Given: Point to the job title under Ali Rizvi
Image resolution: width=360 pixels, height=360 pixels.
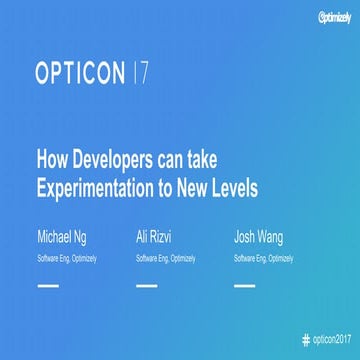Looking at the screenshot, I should click(165, 257).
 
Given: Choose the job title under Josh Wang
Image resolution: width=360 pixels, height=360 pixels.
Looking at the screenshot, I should click(264, 257).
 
